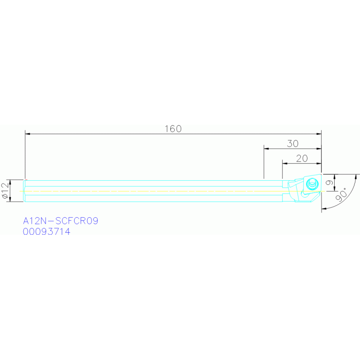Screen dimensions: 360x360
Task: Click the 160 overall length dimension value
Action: [x=173, y=129]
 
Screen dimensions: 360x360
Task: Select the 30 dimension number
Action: [x=293, y=144]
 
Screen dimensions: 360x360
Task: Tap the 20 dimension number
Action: [x=302, y=159]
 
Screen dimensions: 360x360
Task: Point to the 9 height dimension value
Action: [x=329, y=183]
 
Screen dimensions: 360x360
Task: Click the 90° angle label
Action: [x=342, y=195]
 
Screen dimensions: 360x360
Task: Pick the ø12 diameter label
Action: [x=5, y=191]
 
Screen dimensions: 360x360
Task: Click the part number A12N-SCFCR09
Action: [x=61, y=221]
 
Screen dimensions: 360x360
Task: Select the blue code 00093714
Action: [x=46, y=231]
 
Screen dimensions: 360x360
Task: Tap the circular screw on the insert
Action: [x=312, y=184]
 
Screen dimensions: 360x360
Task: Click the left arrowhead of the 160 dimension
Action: [x=28, y=134]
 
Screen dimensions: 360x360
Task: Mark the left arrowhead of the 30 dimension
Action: [x=266, y=148]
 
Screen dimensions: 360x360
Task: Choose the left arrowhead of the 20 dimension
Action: [x=285, y=163]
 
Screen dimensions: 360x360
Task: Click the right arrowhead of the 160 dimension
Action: [x=319, y=134]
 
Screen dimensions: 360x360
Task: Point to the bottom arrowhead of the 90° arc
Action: [x=324, y=209]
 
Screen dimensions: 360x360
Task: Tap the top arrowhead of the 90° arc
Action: [x=356, y=177]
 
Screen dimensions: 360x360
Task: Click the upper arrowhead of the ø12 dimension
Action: [x=10, y=182]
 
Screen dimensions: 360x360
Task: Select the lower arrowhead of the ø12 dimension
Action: [x=10, y=199]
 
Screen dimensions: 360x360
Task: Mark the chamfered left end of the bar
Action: [x=24, y=191]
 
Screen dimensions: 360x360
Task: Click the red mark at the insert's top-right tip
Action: [x=321, y=174]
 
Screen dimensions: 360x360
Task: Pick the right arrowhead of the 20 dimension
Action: [x=319, y=163]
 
